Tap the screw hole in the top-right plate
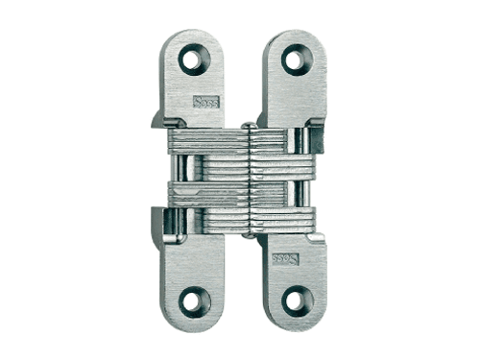point(293,60)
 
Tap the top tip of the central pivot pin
point(247,126)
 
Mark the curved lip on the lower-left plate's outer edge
point(159,225)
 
